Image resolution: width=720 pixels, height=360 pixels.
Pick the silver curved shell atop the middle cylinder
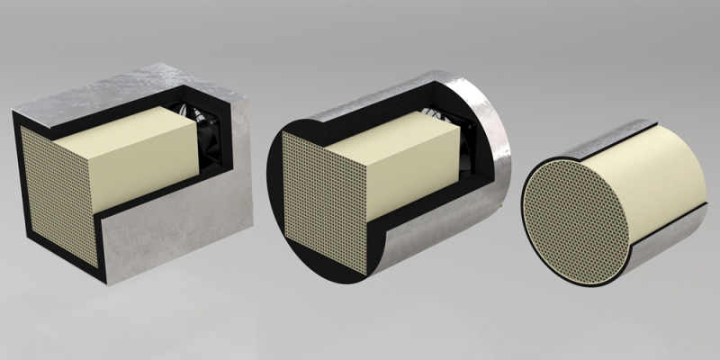(x=378, y=94)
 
